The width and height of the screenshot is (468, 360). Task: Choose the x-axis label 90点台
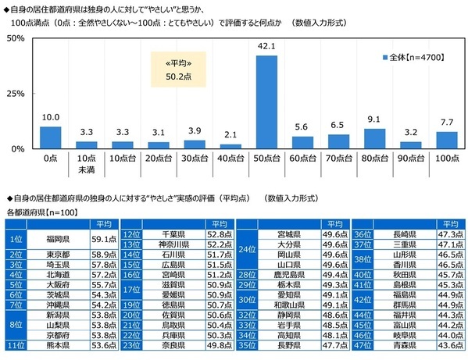(x=409, y=158)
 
